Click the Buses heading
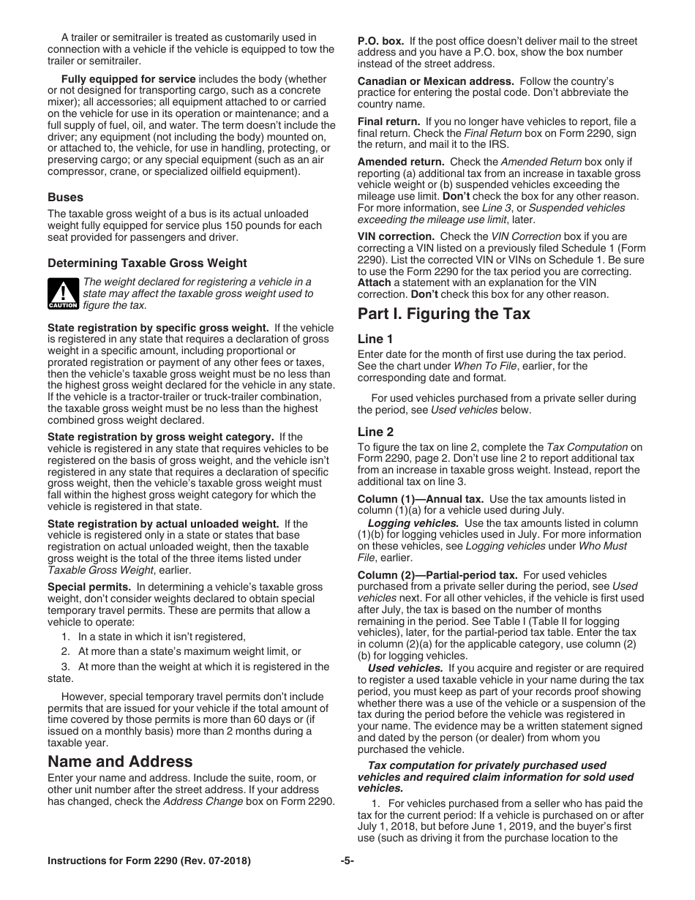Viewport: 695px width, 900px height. point(65,197)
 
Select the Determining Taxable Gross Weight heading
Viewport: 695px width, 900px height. point(147,263)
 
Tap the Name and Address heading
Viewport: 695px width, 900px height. point(120,761)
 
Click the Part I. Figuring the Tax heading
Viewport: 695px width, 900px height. point(443,314)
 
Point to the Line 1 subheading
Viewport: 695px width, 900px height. point(375,339)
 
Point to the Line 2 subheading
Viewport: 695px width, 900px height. point(375,432)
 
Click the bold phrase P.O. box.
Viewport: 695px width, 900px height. point(380,42)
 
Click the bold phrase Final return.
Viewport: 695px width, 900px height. point(388,121)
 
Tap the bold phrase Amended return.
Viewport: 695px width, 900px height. point(400,162)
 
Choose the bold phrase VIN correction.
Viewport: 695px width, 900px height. point(396,236)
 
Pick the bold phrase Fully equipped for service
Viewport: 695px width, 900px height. point(128,79)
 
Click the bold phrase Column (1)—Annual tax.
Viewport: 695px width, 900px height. point(420,499)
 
